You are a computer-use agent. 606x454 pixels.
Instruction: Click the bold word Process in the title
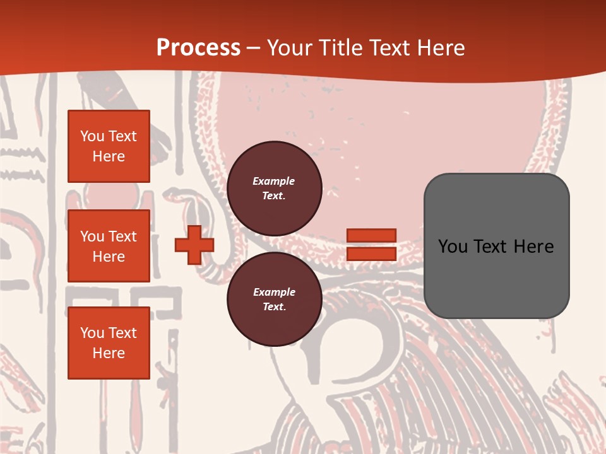(x=198, y=48)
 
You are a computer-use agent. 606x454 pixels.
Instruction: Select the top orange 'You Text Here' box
(x=109, y=146)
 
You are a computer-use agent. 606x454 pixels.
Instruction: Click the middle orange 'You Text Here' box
(x=109, y=246)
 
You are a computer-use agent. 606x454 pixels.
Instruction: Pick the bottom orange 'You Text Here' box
(x=109, y=343)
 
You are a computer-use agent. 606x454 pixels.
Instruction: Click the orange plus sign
(x=194, y=245)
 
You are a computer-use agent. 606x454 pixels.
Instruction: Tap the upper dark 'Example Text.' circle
(x=274, y=188)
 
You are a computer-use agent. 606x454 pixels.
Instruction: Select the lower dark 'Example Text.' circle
(x=274, y=299)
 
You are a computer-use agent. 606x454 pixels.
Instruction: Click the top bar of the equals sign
(x=371, y=235)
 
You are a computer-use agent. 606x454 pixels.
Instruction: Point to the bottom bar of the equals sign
(x=371, y=253)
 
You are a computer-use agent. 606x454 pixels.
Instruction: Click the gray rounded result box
(x=496, y=277)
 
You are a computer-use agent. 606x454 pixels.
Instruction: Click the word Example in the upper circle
(x=274, y=181)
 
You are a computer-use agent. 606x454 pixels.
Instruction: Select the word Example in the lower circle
(x=274, y=292)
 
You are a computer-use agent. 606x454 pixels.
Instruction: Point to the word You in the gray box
(x=453, y=247)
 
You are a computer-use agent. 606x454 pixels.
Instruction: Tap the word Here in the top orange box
(x=109, y=156)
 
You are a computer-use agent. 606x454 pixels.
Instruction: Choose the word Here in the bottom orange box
(x=109, y=353)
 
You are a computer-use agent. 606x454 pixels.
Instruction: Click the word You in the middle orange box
(x=92, y=236)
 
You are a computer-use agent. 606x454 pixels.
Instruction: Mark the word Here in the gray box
(x=534, y=247)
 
